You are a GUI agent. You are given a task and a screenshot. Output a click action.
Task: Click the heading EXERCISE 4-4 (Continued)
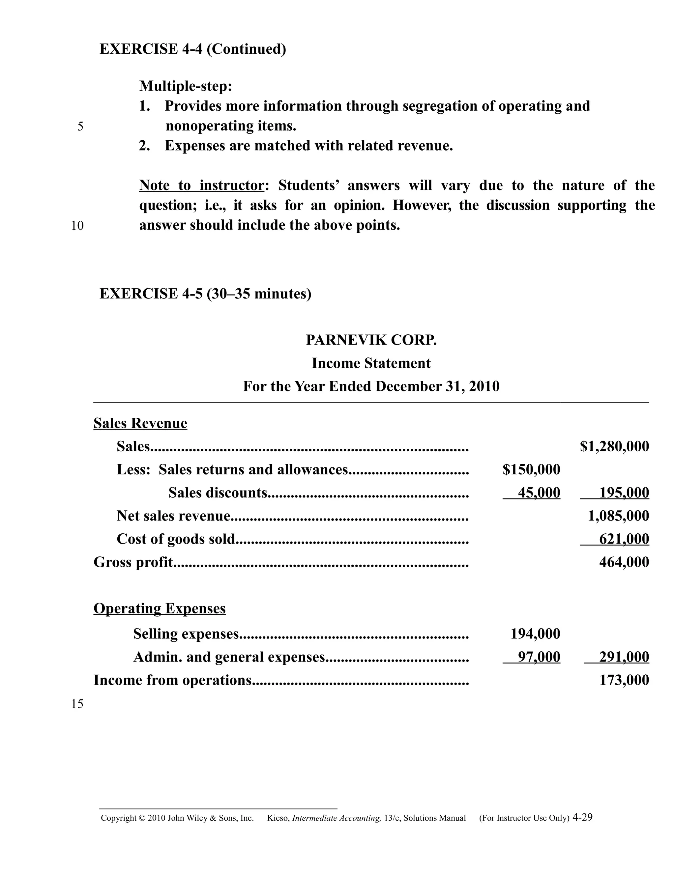pos(193,49)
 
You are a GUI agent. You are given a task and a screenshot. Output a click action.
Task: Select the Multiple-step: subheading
pos(186,86)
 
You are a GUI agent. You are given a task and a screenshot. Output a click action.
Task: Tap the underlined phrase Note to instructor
pos(201,185)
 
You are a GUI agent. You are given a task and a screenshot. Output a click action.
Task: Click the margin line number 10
pos(77,226)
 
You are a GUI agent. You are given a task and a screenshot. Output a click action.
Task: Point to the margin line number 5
pos(80,127)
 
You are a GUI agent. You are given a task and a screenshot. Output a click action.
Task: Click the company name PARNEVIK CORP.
pos(371,340)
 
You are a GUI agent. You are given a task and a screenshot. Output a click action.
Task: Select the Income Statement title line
pos(371,363)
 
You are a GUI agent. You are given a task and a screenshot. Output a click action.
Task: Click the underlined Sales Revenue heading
pos(140,423)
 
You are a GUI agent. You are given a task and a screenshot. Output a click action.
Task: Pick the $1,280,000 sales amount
pos(614,446)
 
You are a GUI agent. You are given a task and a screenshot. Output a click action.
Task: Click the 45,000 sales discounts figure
pos(539,493)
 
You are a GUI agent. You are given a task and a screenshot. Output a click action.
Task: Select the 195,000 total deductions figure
pos(624,493)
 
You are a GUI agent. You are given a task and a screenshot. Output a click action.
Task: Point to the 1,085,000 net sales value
pos(618,516)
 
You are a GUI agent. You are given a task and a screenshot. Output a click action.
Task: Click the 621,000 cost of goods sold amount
pos(624,539)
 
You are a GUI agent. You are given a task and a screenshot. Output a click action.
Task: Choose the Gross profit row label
pos(133,562)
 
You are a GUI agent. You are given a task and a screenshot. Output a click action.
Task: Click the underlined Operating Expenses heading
pos(160,609)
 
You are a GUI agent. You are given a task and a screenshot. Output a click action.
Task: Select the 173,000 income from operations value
pos(624,681)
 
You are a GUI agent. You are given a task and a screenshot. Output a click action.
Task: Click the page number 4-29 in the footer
pos(582,817)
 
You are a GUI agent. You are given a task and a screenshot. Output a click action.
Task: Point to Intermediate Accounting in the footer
pos(336,818)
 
